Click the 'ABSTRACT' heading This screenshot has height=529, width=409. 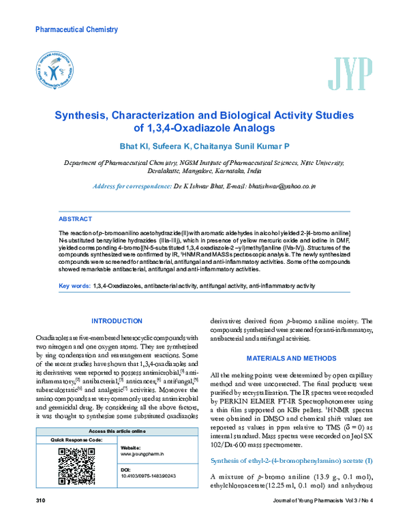[76, 220]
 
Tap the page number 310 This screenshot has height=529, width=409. [40, 520]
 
